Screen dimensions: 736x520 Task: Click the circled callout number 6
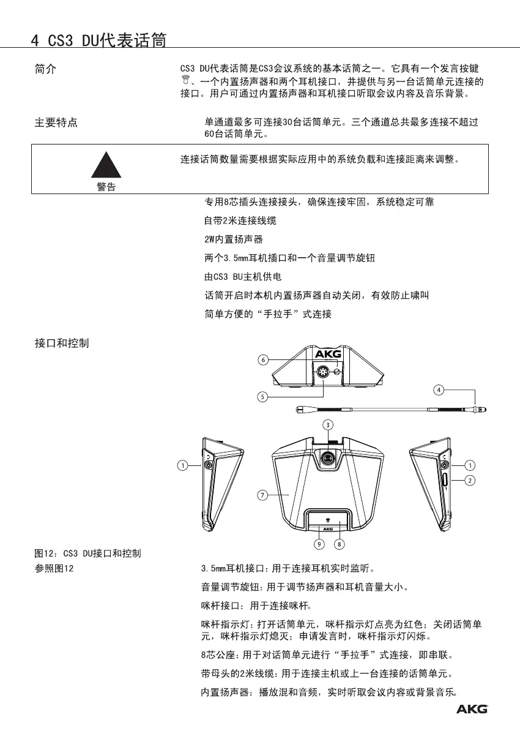tap(262, 360)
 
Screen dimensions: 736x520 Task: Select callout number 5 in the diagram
tap(262, 396)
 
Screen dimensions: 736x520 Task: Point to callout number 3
tap(328, 424)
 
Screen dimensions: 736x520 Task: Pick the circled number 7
tap(262, 495)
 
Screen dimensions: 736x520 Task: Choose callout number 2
tap(470, 480)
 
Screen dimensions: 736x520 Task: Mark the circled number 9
tap(319, 543)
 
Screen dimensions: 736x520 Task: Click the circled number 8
tap(340, 543)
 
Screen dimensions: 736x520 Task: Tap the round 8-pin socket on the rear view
tap(322, 371)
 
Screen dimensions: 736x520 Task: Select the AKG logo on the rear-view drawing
tap(329, 353)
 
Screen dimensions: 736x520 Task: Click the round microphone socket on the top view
tap(328, 457)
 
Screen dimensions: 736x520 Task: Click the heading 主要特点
tap(55, 123)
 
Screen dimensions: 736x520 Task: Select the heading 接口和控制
tap(61, 343)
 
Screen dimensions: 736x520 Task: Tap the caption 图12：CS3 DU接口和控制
tap(87, 554)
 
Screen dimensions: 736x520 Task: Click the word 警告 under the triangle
tap(106, 187)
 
